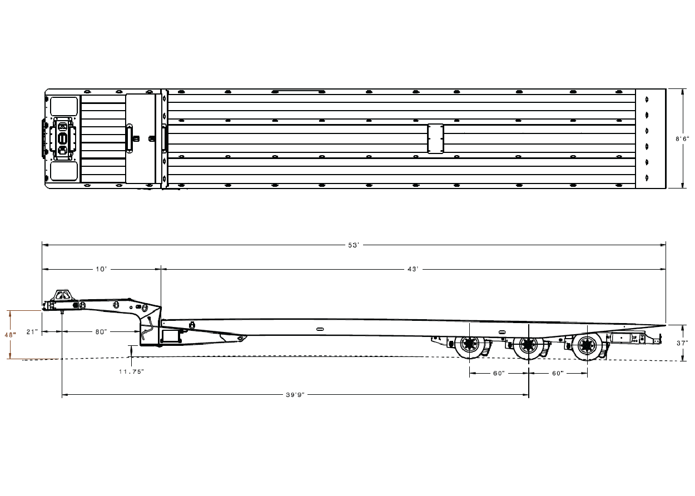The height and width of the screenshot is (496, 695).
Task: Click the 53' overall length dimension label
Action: [354, 245]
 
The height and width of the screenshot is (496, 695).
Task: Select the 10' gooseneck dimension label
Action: [101, 269]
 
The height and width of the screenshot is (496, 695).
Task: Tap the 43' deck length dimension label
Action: [413, 269]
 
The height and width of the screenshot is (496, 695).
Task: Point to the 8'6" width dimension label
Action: [682, 139]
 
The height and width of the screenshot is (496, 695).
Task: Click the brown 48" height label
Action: [10, 335]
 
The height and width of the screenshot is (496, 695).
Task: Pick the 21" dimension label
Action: [32, 332]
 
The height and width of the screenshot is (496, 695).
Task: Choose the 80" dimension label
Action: [101, 332]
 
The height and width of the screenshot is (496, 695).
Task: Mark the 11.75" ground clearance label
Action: [132, 371]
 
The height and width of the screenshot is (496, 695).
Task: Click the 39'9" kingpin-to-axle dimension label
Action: [295, 395]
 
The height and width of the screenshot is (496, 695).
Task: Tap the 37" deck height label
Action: [682, 343]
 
